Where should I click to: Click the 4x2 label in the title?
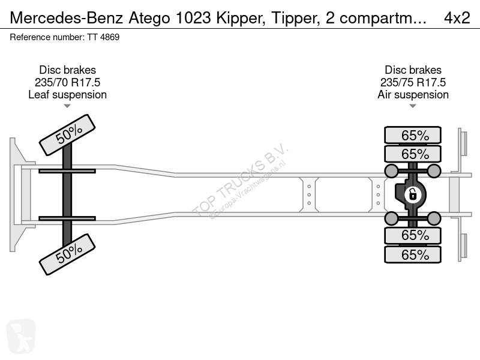457,18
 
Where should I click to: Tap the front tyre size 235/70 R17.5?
67,82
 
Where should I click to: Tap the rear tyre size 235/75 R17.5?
413,82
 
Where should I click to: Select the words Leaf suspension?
67,94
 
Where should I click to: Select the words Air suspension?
413,94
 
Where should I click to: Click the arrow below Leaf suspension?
67,106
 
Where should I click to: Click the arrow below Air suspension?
413,106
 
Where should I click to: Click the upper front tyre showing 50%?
67,135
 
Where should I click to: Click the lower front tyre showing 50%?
67,255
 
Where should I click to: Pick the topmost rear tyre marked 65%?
413,135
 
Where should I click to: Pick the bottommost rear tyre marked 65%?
413,255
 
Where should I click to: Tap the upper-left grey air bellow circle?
392,172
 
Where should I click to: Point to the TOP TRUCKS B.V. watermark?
240,180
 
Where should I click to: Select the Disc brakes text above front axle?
67,70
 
